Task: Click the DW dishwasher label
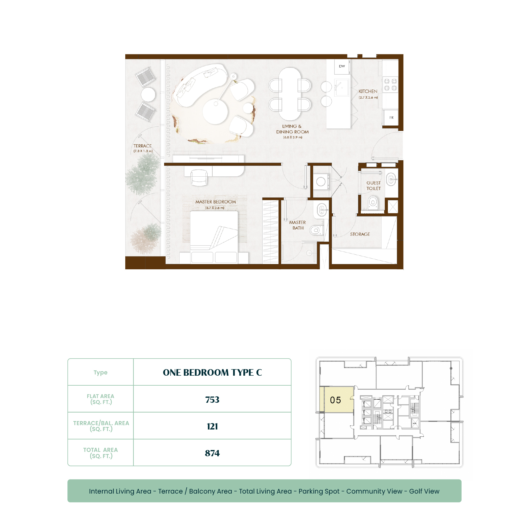coord(342,66)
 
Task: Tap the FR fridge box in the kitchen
coord(391,118)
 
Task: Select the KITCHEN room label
coord(368,91)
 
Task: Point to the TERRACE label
coord(143,146)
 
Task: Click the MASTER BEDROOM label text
coord(216,202)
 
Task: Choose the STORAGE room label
coord(360,234)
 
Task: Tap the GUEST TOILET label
coord(374,186)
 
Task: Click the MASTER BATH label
coord(298,225)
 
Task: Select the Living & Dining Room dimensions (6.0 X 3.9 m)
coord(293,137)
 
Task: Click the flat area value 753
coord(212,400)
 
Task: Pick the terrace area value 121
coord(212,426)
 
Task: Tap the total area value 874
coord(212,453)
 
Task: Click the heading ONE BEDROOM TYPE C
coord(212,373)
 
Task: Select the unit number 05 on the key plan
coord(335,400)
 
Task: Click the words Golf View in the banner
coord(424,491)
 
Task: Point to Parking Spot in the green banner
coord(319,492)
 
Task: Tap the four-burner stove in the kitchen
coord(390,85)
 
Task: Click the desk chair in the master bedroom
coord(199,178)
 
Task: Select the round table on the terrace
coord(148,94)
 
